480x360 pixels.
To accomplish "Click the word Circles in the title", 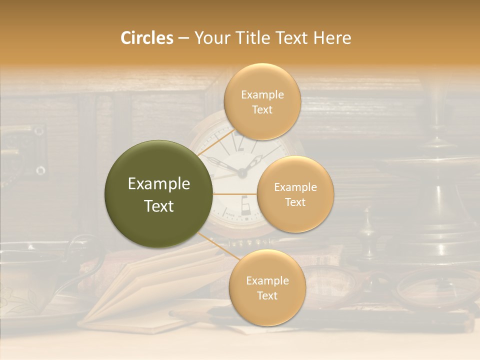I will pos(146,38).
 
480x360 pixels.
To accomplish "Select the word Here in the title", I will pos(332,38).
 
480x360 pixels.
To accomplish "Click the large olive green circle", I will pos(159,194).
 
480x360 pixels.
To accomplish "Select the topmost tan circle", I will pos(262,101).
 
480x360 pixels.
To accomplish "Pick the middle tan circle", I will pos(295,194).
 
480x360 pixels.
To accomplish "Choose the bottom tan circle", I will pos(267,287).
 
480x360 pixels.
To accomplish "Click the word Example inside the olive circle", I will pos(159,184).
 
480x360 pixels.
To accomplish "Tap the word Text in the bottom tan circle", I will pos(267,295).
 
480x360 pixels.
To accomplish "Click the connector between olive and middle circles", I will pos(235,194).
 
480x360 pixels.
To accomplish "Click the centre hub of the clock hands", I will pos(242,173).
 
